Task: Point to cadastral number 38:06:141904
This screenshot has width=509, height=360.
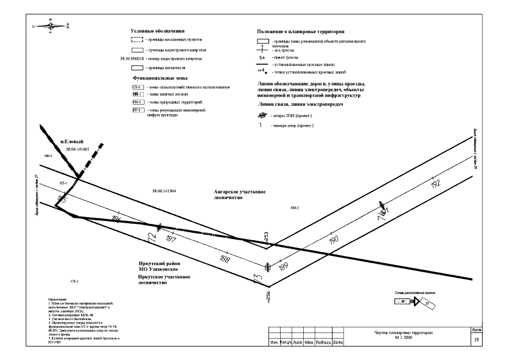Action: (164, 191)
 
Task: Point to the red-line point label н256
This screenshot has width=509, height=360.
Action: (268, 295)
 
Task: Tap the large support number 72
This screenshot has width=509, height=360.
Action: (151, 237)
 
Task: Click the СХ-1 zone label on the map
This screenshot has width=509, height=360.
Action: (74, 280)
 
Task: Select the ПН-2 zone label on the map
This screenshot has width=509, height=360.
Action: (294, 208)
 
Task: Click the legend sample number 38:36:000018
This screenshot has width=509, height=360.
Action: (133, 58)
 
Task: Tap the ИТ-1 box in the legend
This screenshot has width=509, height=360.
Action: (137, 111)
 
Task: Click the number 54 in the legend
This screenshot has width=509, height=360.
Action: (262, 57)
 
